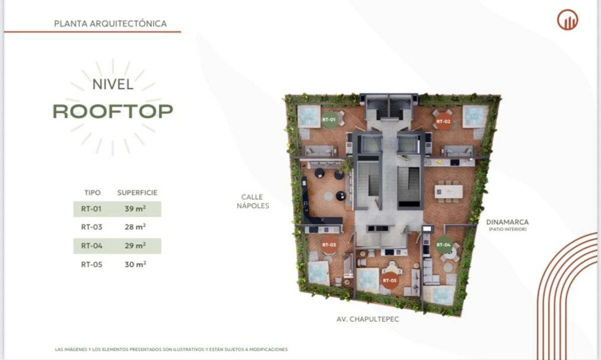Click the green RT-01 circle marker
[x=329, y=120]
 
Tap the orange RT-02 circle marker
[x=443, y=122]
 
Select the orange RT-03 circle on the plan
[x=329, y=245]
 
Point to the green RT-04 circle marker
[x=444, y=245]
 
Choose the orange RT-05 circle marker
[x=390, y=280]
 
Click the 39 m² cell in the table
[x=135, y=209]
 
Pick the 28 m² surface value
[x=135, y=227]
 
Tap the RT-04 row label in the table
[x=92, y=246]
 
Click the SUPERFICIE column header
[x=137, y=193]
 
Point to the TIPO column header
[x=93, y=193]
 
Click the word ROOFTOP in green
[x=113, y=111]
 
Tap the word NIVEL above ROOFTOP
[x=113, y=85]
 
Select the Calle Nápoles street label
[x=253, y=201]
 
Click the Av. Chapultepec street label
[x=368, y=319]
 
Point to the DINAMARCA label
[x=507, y=222]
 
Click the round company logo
[x=567, y=20]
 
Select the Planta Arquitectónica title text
[x=110, y=24]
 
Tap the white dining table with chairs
[x=449, y=192]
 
